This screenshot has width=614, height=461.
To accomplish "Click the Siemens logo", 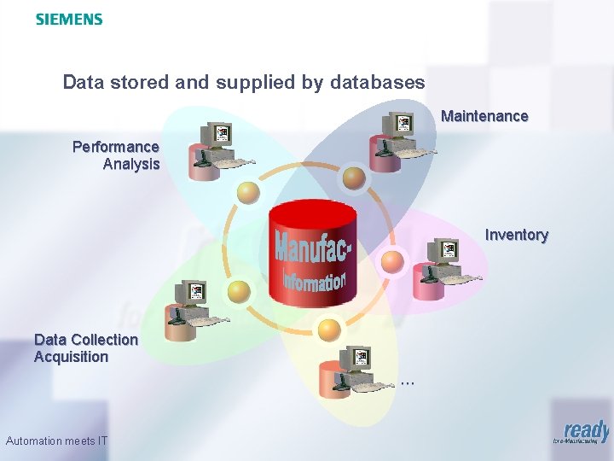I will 69,19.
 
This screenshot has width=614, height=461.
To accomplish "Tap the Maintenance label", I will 484,116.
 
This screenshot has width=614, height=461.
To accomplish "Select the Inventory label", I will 517,235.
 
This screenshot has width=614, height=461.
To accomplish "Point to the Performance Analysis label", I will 117,155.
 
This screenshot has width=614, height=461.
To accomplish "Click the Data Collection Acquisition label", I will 85,348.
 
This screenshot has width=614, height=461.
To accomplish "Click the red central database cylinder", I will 310,256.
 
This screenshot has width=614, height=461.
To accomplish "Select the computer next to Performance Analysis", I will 216,151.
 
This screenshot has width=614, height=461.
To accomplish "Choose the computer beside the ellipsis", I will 352,373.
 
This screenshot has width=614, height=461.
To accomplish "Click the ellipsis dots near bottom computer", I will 408,382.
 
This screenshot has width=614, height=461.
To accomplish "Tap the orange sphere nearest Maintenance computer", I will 354,178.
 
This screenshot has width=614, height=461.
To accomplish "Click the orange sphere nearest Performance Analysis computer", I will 248,192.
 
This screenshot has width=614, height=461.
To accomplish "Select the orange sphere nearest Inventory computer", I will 391,261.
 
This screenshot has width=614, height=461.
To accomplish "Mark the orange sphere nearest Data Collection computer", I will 240,292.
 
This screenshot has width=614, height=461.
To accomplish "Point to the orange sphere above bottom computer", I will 327,328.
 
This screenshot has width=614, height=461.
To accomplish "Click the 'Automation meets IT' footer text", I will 56,441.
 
